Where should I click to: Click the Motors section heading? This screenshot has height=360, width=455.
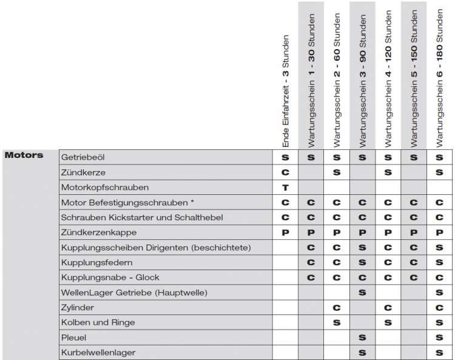point(24,155)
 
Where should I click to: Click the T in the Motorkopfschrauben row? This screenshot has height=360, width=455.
point(285,187)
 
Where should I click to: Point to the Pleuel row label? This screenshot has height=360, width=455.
point(74,337)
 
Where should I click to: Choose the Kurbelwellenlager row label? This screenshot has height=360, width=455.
point(98,352)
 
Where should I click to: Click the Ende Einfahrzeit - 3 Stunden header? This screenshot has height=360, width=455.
point(285,91)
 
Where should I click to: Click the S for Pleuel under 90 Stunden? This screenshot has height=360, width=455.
point(362,337)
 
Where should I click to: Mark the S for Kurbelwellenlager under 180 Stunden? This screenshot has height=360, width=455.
point(439,352)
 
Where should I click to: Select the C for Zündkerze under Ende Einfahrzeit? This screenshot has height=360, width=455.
point(285,172)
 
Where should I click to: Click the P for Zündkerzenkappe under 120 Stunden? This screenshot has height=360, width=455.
point(388,233)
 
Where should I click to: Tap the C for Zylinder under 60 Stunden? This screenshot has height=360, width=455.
point(337,307)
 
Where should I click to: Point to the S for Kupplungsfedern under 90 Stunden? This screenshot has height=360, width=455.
point(362,262)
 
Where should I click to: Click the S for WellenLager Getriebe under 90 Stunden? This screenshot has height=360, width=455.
point(362,292)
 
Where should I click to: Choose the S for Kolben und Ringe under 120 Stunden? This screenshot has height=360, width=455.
point(388,322)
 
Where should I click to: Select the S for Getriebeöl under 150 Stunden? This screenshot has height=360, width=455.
point(414,157)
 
